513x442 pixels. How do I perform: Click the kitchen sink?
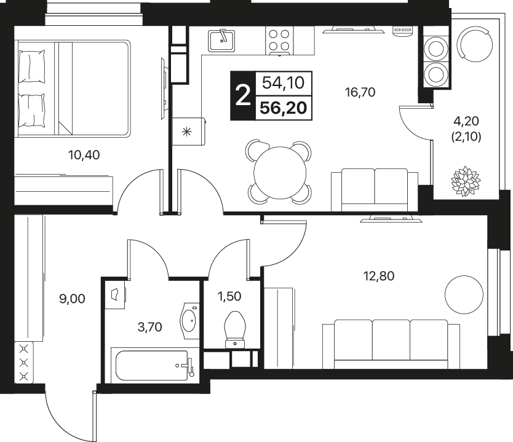[x=222, y=40]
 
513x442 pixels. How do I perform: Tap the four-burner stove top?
[x=279, y=41]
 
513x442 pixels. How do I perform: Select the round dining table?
[x=280, y=173]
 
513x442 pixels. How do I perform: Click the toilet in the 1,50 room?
[x=235, y=330]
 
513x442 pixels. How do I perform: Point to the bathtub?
[x=152, y=366]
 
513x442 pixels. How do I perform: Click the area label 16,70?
[x=360, y=93]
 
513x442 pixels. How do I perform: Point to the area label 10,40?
[x=84, y=155]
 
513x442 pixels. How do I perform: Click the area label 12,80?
[x=379, y=276]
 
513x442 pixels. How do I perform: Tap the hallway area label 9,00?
[x=72, y=299]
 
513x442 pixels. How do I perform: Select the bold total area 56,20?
[x=284, y=108]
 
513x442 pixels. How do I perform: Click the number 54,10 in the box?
[x=284, y=83]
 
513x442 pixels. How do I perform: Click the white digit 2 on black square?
[x=243, y=95]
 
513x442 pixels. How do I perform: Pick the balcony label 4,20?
[x=466, y=121]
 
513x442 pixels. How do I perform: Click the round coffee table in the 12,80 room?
[x=464, y=294]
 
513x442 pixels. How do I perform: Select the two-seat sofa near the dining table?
[x=375, y=189]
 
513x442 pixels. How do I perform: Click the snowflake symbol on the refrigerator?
[x=187, y=132]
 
